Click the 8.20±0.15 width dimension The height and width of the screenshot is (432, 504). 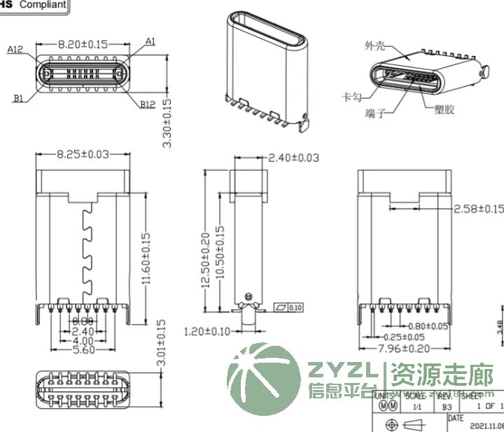point(83,44)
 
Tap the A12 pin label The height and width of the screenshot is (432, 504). point(15,50)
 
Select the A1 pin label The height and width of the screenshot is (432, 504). point(150,41)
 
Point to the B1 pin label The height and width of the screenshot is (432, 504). point(18,98)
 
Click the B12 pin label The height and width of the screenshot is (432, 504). point(147,104)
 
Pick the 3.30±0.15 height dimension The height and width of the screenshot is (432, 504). point(167,123)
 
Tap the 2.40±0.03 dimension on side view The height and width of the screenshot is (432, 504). point(294,158)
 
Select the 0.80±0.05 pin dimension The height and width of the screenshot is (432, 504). point(426,326)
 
